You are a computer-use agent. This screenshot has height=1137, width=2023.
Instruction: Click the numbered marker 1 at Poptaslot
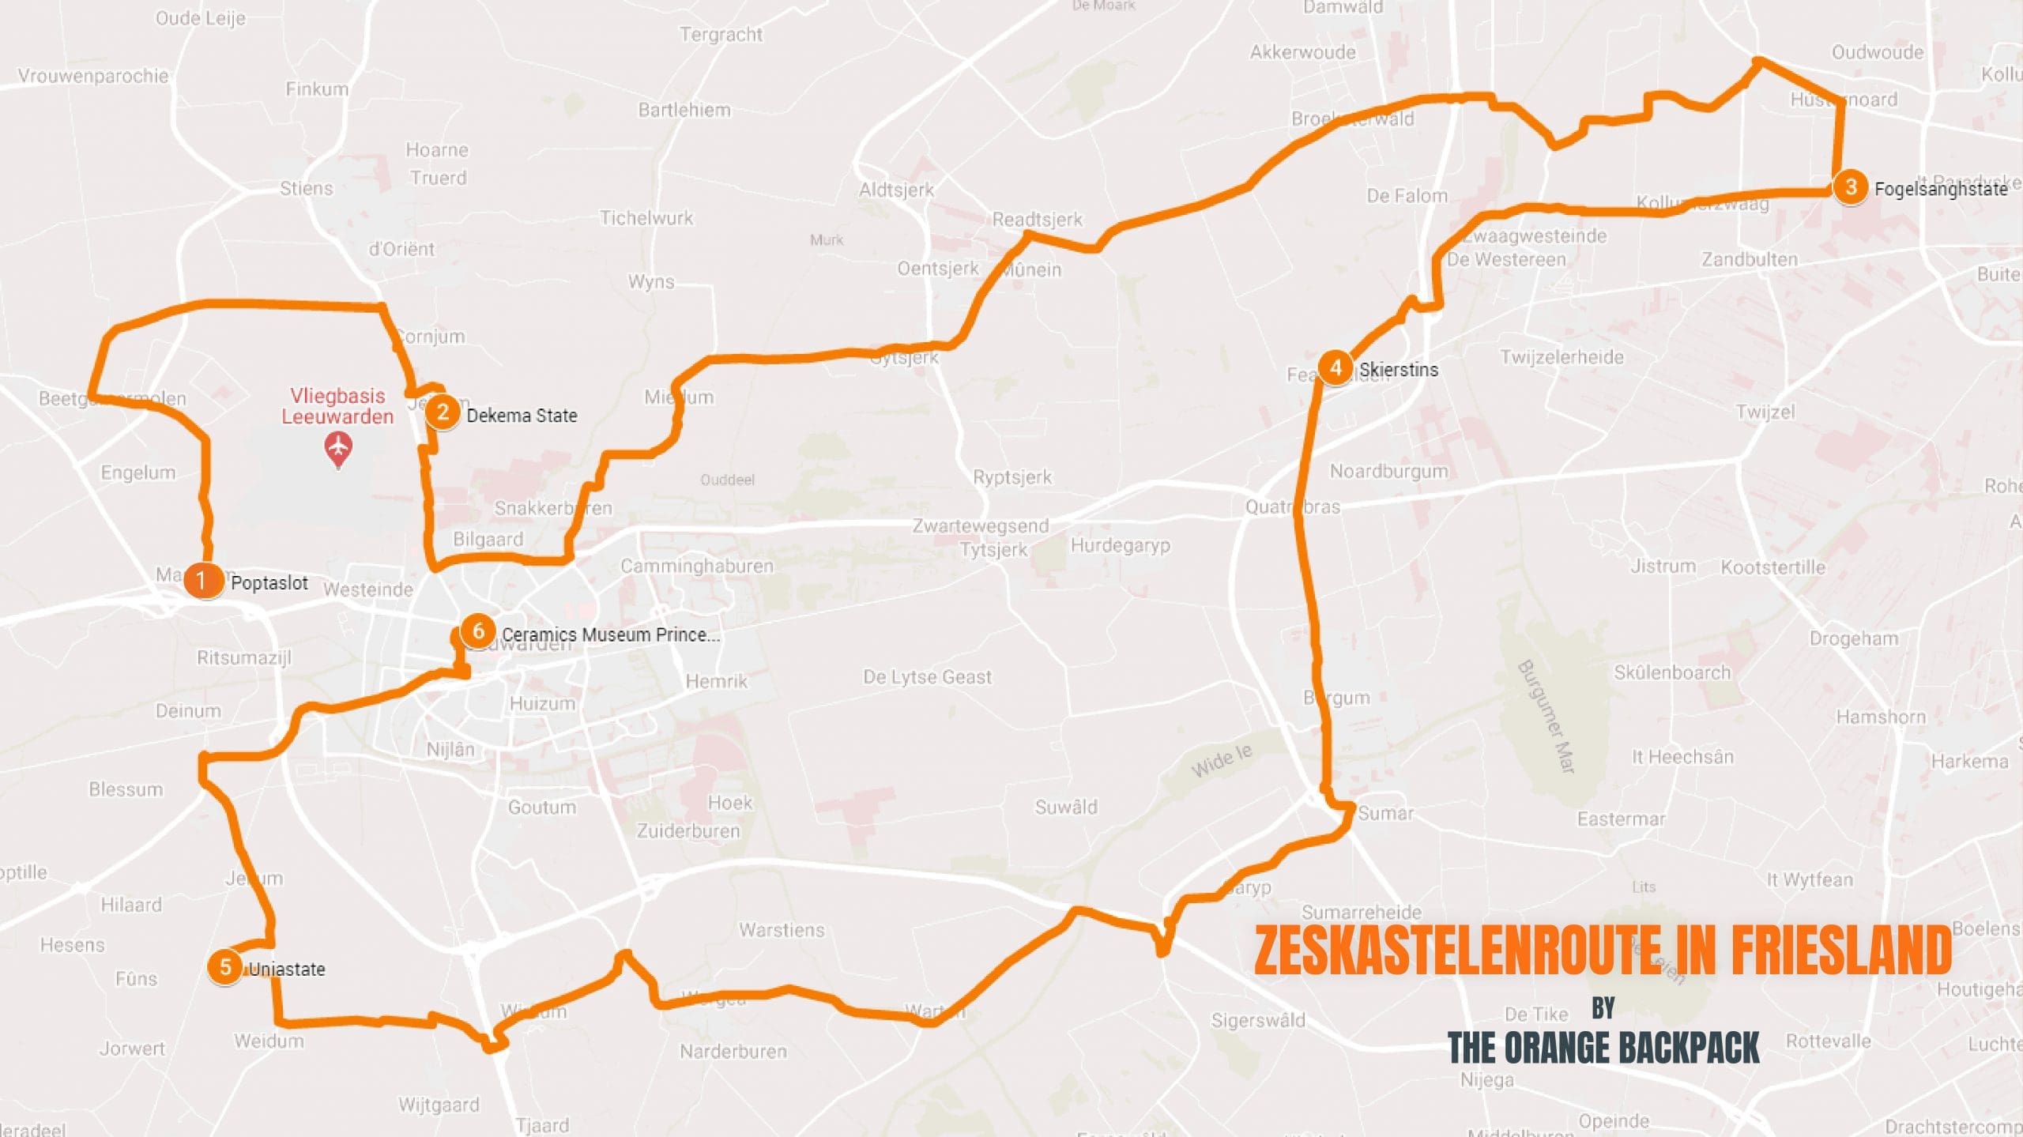pyautogui.click(x=202, y=580)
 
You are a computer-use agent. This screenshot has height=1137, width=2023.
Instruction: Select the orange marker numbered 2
pyautogui.click(x=443, y=412)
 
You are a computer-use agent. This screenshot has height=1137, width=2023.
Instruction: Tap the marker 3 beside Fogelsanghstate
pyautogui.click(x=1850, y=188)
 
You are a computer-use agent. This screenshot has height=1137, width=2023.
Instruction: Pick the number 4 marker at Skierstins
pyautogui.click(x=1335, y=367)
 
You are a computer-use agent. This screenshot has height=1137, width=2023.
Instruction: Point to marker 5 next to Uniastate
pyautogui.click(x=225, y=966)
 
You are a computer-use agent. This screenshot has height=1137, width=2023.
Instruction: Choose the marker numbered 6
pyautogui.click(x=478, y=631)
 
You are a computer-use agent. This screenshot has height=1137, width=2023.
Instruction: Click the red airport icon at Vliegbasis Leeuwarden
pyautogui.click(x=338, y=448)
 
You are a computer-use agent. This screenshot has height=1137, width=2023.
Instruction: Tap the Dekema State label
pyautogui.click(x=522, y=416)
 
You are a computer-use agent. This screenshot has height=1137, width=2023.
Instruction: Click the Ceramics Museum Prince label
pyautogui.click(x=610, y=634)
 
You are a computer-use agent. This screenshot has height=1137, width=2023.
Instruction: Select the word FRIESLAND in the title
pyautogui.click(x=1841, y=950)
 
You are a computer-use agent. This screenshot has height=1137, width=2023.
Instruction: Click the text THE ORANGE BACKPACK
pyautogui.click(x=1603, y=1049)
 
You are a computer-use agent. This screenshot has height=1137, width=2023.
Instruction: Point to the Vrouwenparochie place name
pyautogui.click(x=93, y=76)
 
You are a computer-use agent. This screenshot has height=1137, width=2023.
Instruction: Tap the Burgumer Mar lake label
pyautogui.click(x=1546, y=716)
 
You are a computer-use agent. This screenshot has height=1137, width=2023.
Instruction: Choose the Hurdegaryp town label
pyautogui.click(x=1120, y=545)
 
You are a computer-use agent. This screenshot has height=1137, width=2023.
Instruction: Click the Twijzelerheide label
pyautogui.click(x=1562, y=357)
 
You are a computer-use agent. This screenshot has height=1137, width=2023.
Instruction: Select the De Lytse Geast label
pyautogui.click(x=926, y=677)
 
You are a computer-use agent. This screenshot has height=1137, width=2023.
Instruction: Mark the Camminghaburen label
pyautogui.click(x=696, y=566)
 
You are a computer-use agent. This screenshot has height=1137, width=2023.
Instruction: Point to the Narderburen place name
pyautogui.click(x=733, y=1052)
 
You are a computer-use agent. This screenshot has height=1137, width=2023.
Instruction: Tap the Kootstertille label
pyautogui.click(x=1773, y=567)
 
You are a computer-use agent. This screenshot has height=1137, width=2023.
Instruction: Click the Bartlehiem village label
pyautogui.click(x=684, y=110)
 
